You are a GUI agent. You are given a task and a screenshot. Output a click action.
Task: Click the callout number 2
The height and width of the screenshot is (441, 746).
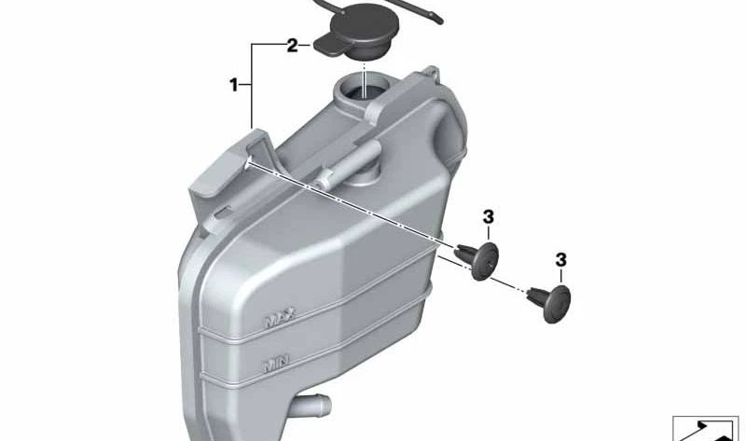coord(292,45)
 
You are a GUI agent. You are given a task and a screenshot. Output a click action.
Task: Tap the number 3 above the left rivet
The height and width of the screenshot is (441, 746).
coord(488,218)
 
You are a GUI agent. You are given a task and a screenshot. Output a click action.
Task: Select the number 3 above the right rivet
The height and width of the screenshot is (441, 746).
coord(561,259)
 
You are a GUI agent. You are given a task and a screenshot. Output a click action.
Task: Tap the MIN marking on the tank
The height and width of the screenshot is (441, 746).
coord(275,360)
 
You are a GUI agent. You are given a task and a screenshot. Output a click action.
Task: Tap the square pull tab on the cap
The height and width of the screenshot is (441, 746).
coord(328,44)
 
